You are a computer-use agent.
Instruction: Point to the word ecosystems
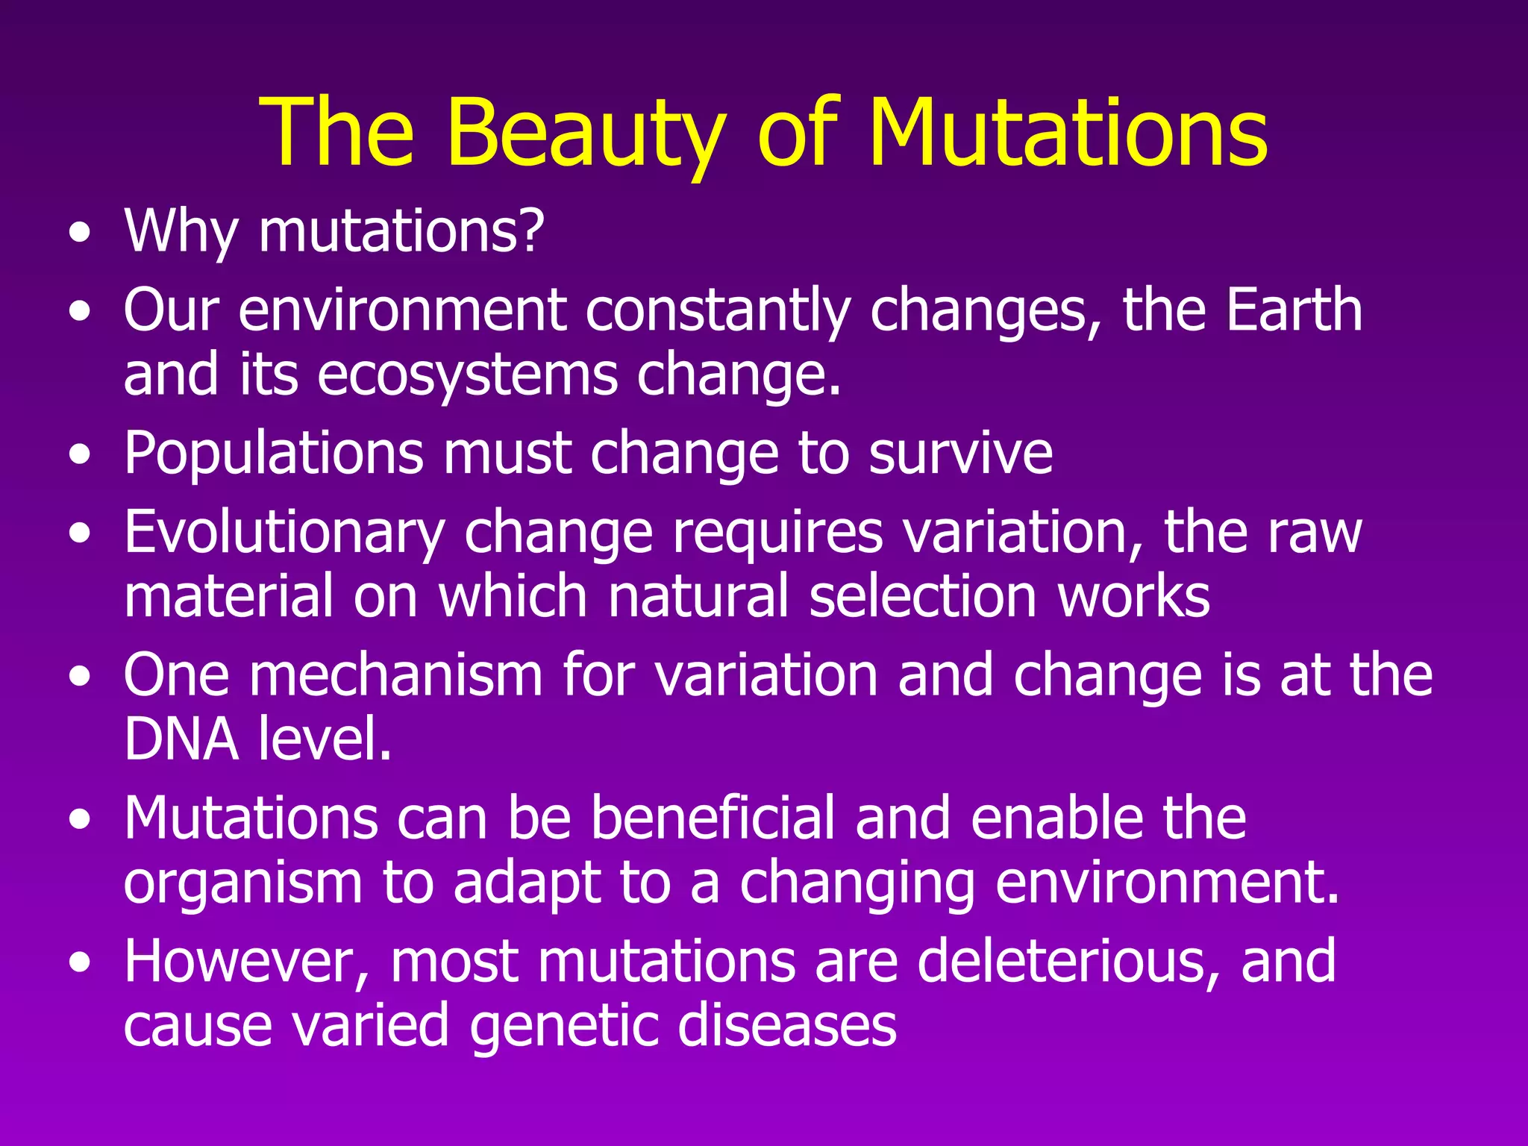coord(468,375)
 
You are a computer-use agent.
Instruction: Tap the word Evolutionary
coord(284,533)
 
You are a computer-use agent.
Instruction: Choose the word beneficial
coord(713,818)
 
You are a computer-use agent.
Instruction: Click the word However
coord(247,962)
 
